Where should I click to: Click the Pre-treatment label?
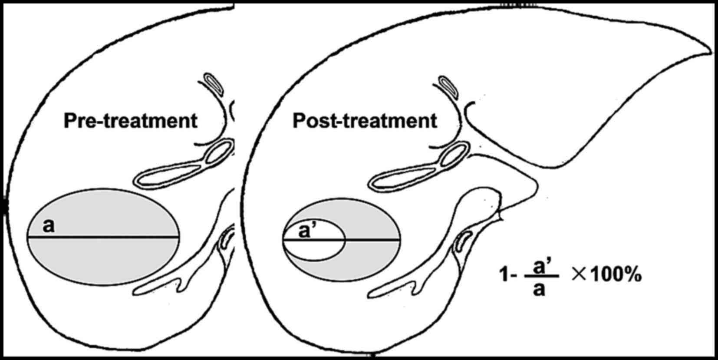pyautogui.click(x=130, y=121)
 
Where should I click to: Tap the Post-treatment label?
pyautogui.click(x=365, y=121)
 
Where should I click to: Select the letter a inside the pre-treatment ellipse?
pyautogui.click(x=49, y=226)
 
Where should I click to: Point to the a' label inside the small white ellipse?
pyautogui.click(x=306, y=231)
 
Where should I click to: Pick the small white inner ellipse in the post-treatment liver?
pyautogui.click(x=314, y=250)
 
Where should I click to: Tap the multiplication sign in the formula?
pyautogui.click(x=579, y=275)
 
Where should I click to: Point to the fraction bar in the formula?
pyautogui.click(x=541, y=277)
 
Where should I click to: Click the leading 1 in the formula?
pyautogui.click(x=504, y=275)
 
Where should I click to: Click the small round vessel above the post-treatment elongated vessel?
pyautogui.click(x=454, y=155)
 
